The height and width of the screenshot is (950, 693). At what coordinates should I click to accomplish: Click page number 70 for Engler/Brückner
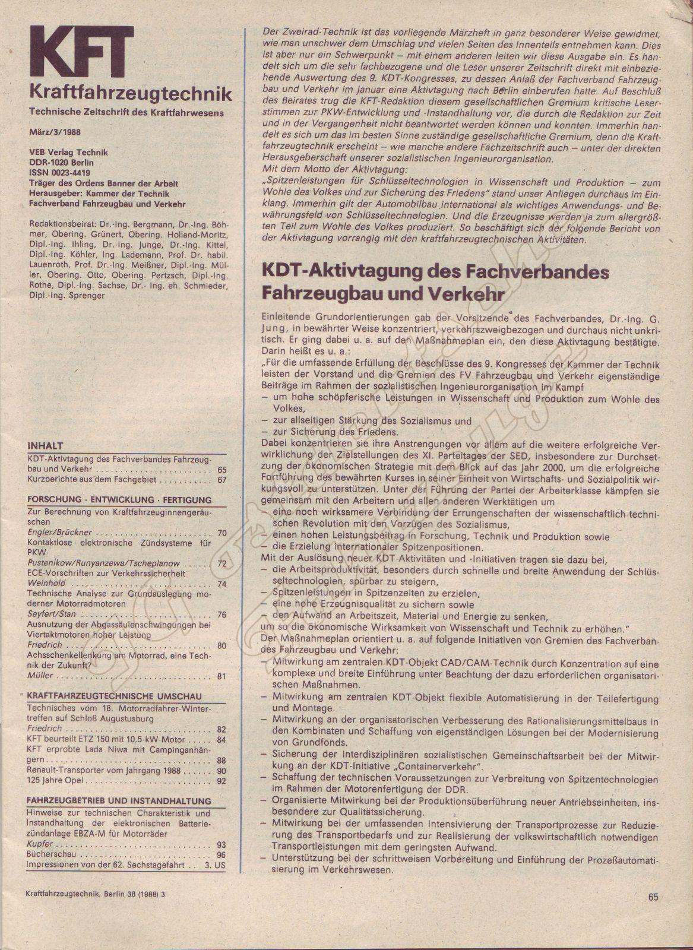point(221,533)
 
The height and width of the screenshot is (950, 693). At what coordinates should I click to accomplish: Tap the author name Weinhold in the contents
point(46,584)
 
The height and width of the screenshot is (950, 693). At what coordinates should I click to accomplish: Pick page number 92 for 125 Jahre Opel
point(221,781)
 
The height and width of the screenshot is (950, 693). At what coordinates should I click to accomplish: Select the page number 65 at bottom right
point(654,897)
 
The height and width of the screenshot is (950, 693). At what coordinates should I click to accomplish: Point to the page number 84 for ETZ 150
point(221,740)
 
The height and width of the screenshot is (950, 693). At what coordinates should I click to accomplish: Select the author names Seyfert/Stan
point(52,615)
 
